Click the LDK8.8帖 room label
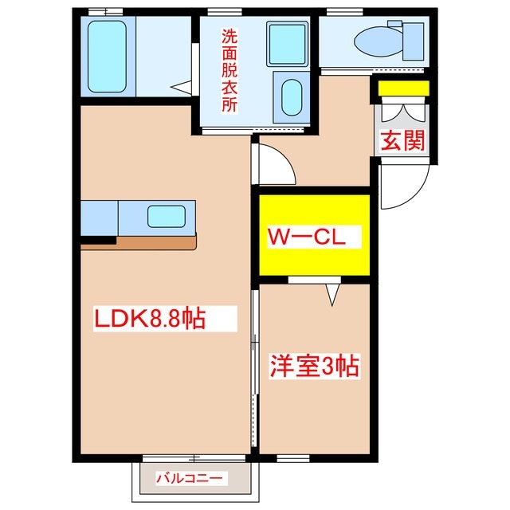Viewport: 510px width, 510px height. click(150, 319)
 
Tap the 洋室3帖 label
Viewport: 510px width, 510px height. click(315, 367)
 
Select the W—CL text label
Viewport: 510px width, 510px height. click(306, 237)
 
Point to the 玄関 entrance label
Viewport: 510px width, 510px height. click(403, 140)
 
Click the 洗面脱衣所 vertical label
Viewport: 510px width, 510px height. click(229, 70)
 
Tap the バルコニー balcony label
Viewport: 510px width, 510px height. click(190, 478)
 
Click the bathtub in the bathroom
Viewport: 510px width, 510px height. click(107, 57)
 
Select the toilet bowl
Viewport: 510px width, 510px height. click(379, 42)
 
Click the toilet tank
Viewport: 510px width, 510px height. click(413, 41)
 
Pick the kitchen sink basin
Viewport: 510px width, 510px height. click(167, 216)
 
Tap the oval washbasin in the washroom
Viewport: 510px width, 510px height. click(292, 97)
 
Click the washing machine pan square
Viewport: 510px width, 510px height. click(287, 44)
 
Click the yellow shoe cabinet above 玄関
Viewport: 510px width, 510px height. click(404, 88)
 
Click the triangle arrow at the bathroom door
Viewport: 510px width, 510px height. click(181, 87)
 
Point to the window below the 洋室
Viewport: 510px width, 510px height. click(293, 459)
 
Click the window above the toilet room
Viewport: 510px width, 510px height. click(344, 12)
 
